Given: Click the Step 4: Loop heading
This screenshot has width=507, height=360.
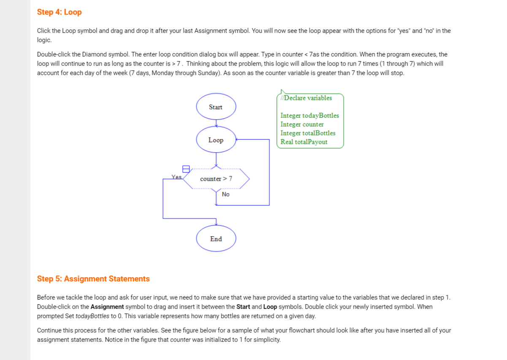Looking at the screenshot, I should (59, 12).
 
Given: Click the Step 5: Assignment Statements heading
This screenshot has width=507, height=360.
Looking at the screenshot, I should (93, 279).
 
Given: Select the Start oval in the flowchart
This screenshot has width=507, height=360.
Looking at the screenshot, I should (216, 107).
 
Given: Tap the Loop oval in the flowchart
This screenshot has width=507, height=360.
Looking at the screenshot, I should (216, 140).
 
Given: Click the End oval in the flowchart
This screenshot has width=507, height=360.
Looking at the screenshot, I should (216, 239).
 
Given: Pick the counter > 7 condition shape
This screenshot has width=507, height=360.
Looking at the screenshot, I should (216, 179).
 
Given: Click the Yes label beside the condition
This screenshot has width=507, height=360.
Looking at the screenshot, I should (176, 177).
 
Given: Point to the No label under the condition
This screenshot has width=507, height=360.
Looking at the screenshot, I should (226, 195).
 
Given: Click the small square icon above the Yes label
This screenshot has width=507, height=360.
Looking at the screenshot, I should (185, 169).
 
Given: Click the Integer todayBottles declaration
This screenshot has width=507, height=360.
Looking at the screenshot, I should (309, 116).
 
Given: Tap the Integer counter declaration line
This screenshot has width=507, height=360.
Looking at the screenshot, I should (302, 125).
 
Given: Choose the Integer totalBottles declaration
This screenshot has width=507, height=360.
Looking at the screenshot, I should (308, 133).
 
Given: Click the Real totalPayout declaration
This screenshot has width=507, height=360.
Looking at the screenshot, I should (304, 142).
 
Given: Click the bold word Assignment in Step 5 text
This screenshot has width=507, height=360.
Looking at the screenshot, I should (107, 307).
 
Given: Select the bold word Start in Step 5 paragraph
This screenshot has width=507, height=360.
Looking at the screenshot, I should (243, 307).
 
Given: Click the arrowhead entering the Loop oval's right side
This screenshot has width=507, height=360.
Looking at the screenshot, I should (238, 139).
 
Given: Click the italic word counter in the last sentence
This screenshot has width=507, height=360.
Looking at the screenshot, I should (180, 340).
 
